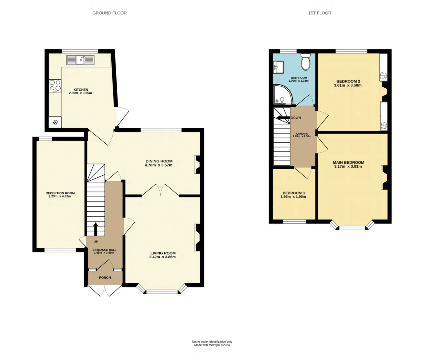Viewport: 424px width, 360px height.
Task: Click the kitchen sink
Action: point(80,60)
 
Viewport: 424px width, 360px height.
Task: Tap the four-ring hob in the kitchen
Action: point(55,85)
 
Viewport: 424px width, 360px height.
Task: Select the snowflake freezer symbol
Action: point(55,122)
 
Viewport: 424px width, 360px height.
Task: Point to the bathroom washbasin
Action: point(278,67)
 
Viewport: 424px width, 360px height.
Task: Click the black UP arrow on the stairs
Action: point(96,229)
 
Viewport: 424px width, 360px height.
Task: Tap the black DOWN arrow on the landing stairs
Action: point(283,117)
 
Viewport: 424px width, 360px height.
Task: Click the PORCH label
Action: point(105,278)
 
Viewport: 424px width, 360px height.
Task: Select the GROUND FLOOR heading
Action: point(110,13)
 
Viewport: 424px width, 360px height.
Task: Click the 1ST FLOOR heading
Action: point(320,13)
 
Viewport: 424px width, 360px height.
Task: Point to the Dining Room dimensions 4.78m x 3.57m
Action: point(159,165)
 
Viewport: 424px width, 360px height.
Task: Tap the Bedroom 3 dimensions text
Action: point(293,197)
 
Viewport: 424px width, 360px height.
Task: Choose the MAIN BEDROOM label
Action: point(348,162)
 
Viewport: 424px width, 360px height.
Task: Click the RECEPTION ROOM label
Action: point(60,193)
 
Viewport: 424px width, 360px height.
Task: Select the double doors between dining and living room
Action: point(160,190)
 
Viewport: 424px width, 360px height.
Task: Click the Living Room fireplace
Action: point(197,237)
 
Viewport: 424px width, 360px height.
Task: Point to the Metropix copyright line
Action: point(212,345)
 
